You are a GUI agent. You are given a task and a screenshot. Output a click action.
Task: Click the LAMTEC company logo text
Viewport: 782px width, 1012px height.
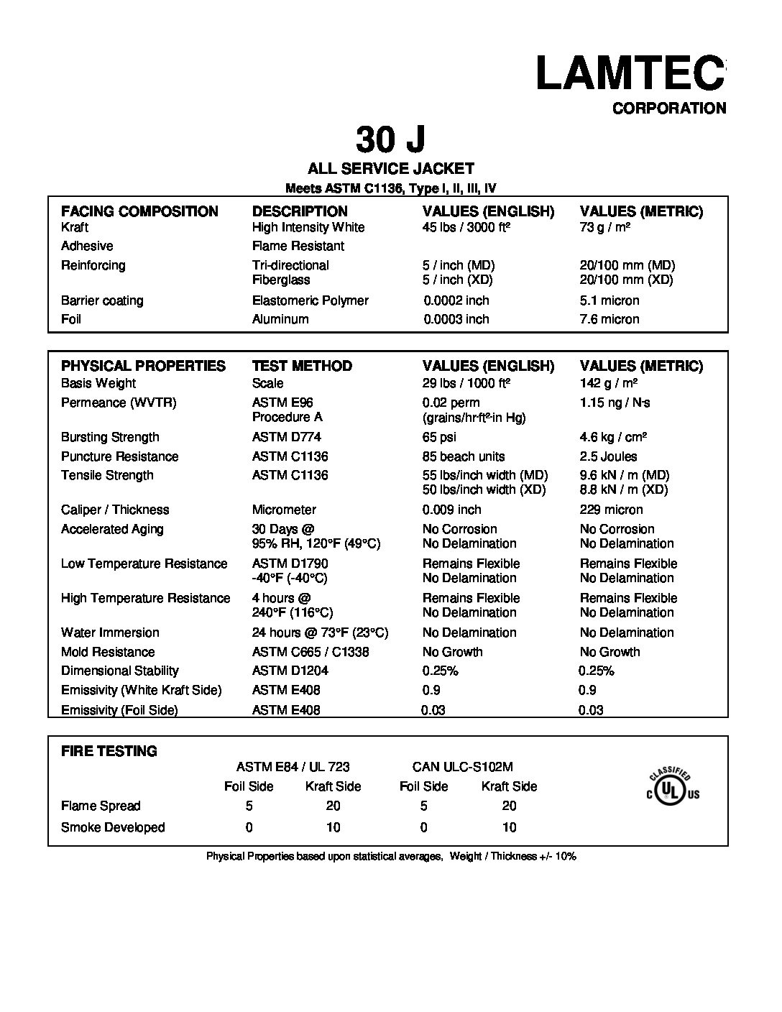coord(630,73)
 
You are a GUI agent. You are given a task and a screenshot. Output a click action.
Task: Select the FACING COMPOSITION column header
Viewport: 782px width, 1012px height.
coord(139,211)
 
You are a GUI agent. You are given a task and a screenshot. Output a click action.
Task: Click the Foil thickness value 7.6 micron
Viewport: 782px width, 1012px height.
coord(609,319)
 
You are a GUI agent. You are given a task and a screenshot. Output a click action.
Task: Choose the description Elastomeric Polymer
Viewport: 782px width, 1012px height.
coord(310,300)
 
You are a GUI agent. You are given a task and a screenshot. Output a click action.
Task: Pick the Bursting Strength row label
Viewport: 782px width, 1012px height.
coord(110,437)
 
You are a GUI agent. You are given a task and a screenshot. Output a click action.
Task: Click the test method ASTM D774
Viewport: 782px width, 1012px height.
coord(286,437)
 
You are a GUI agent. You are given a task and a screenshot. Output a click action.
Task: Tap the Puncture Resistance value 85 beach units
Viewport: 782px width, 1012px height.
coord(464,456)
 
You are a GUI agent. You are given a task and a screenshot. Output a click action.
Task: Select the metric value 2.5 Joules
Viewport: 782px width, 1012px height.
coord(608,456)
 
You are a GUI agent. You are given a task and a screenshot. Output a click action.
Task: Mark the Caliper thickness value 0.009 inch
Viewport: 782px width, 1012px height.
coord(452,510)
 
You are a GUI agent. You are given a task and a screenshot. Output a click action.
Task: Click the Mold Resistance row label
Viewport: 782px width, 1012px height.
coord(108,652)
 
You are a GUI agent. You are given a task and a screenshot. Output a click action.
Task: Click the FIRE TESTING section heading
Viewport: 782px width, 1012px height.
coord(109,751)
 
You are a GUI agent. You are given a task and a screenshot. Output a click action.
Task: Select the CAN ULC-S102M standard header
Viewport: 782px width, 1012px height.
coord(462,767)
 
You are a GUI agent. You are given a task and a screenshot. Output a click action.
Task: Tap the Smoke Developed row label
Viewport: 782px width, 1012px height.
coord(113,827)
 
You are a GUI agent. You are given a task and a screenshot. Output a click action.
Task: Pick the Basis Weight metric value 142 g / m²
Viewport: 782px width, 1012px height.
coord(609,383)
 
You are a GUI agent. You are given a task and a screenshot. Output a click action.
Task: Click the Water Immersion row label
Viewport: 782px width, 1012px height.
coord(110,632)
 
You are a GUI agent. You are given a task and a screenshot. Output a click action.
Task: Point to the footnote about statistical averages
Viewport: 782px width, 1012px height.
coord(391,856)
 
